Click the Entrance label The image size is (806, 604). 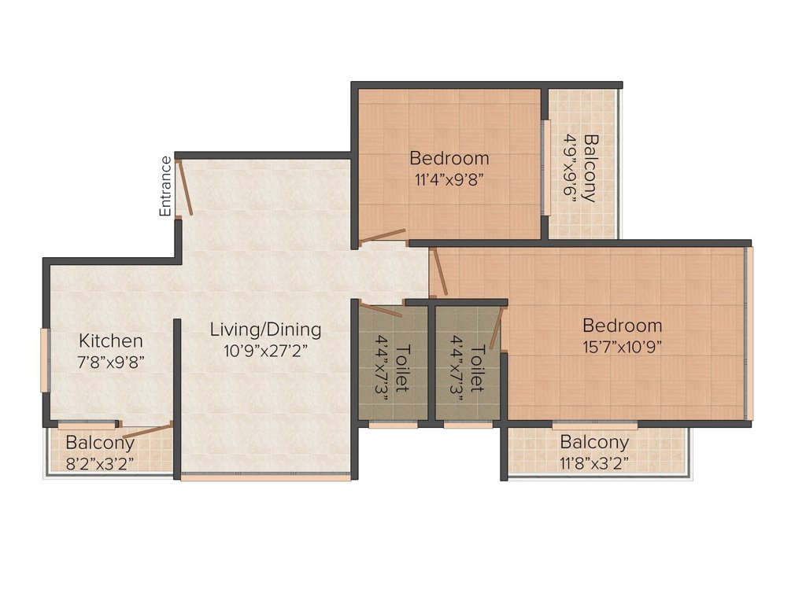coord(165,186)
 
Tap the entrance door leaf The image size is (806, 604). coord(184,187)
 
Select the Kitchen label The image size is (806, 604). coord(110,341)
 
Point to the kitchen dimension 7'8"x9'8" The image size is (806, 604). coord(110,363)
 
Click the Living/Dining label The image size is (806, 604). coord(265,330)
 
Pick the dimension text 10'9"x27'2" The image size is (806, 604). coord(265,351)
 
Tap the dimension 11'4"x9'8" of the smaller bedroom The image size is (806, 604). coord(449,180)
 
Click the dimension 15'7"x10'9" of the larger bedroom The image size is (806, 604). coord(622,347)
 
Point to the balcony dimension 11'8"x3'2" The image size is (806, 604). coord(594,464)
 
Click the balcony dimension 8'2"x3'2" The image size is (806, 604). coord(100,464)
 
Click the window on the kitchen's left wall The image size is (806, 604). coord(45,360)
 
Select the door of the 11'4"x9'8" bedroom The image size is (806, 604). coord(382,235)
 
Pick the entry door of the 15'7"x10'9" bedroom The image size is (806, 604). coord(438,271)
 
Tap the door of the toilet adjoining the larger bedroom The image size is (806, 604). coord(496,329)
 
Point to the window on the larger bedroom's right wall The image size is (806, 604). coord(749,333)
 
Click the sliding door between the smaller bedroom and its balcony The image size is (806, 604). coord(546,168)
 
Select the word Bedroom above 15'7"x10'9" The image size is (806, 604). coord(622,326)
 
